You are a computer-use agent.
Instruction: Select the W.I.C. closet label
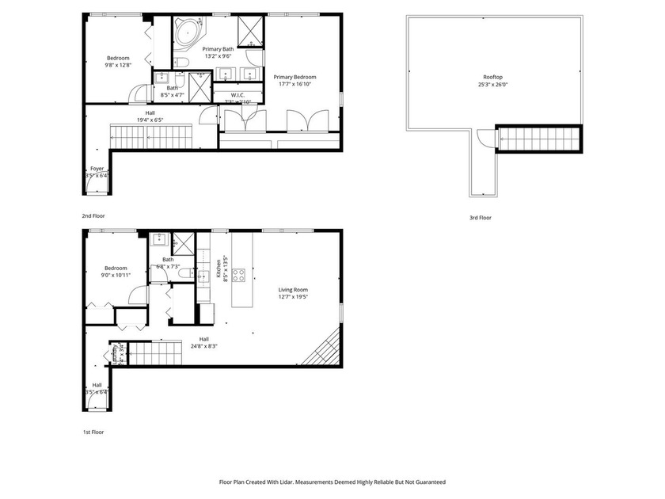(x=237, y=95)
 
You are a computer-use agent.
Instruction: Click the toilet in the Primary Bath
(x=182, y=62)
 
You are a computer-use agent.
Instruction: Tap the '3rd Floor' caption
(x=480, y=217)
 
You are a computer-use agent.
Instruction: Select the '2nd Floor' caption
(x=93, y=215)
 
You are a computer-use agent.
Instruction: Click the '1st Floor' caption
(x=93, y=432)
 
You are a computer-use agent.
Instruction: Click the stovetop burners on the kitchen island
(x=238, y=276)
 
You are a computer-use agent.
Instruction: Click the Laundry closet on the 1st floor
(x=116, y=352)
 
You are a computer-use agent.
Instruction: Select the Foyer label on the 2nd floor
(x=97, y=169)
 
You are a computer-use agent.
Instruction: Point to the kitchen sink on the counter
(x=203, y=275)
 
